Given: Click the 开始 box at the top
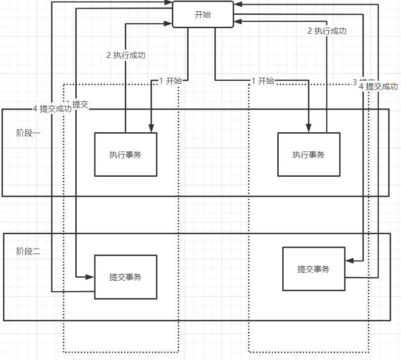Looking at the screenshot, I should [202, 14].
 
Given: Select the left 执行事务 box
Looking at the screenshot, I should [125, 154].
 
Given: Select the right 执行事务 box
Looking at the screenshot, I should [308, 154].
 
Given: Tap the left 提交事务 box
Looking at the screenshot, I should [125, 277].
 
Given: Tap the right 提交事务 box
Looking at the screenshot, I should [313, 269].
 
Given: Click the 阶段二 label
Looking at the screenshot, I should [28, 251].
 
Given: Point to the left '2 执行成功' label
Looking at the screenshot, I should [126, 55].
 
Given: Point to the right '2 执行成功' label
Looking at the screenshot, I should [327, 31].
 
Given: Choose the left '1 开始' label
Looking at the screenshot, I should [170, 81].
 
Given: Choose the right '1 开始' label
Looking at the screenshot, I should [262, 81].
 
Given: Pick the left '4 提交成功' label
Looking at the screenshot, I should [51, 108].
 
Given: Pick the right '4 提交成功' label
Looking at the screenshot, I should [378, 86].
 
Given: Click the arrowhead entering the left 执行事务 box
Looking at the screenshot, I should [151, 128].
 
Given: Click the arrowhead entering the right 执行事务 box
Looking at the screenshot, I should [308, 128].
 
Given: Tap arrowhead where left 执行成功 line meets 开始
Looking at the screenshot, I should [168, 22].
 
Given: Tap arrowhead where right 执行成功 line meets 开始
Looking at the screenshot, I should [238, 21].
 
